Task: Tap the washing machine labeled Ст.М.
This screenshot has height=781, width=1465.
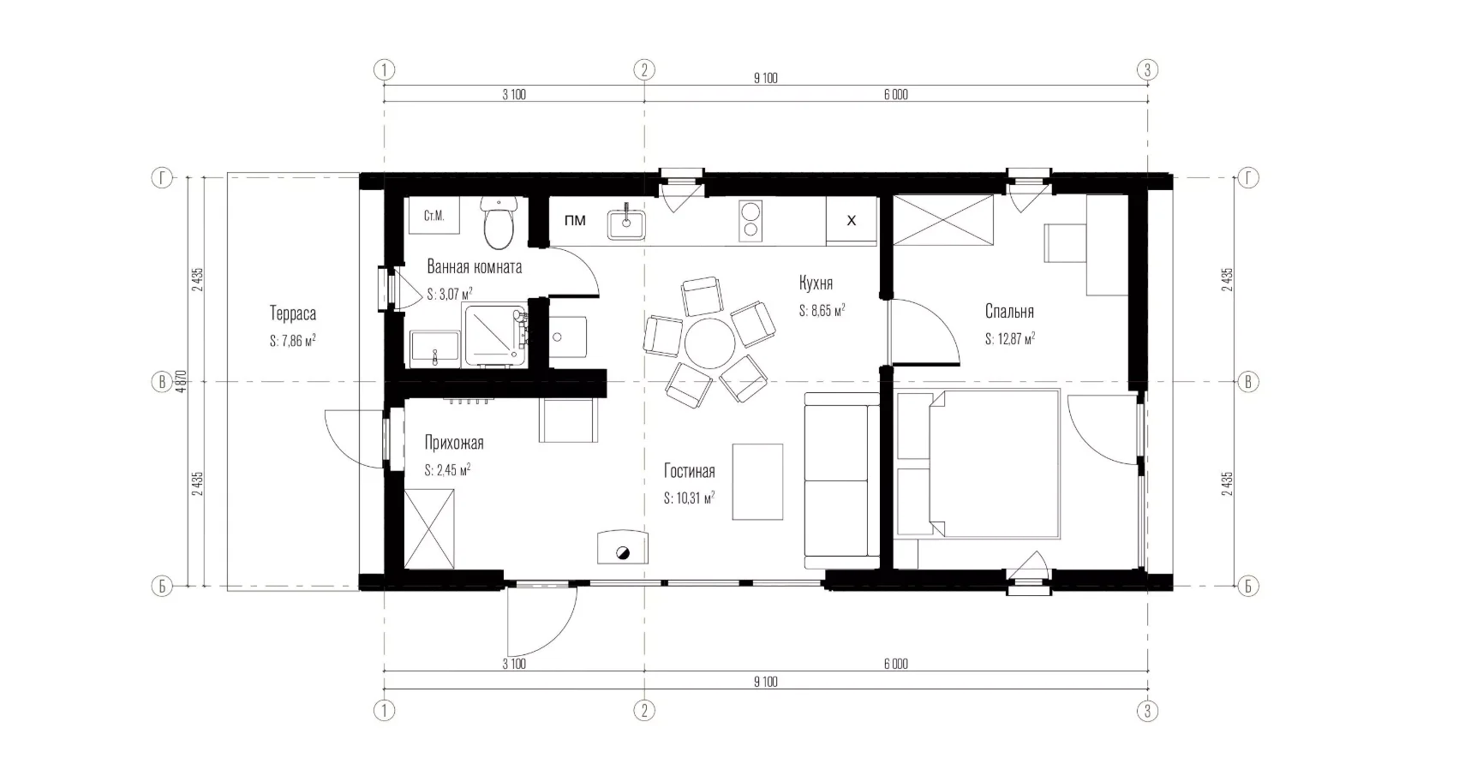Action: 434,215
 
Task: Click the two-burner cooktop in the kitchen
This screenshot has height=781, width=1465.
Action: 750,221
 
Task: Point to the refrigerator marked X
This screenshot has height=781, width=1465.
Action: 851,221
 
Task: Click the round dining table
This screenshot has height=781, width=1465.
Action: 709,343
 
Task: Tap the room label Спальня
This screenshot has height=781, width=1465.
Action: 1009,312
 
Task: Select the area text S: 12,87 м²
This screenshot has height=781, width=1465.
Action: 1010,339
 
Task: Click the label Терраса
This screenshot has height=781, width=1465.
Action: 292,313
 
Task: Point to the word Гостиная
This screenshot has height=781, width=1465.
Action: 690,471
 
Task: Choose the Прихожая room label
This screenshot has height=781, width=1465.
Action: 454,443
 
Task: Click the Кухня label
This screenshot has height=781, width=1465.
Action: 816,283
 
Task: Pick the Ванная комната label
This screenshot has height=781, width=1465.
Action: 474,266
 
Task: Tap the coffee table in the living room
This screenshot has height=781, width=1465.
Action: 757,481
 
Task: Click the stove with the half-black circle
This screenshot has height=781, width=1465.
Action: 623,548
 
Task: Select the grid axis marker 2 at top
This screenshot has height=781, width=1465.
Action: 644,70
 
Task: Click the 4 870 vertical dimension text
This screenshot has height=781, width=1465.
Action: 182,381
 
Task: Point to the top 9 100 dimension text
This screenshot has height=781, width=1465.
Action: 766,79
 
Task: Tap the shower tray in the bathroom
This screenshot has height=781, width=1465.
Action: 495,335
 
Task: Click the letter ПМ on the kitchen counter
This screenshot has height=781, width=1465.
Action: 575,221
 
